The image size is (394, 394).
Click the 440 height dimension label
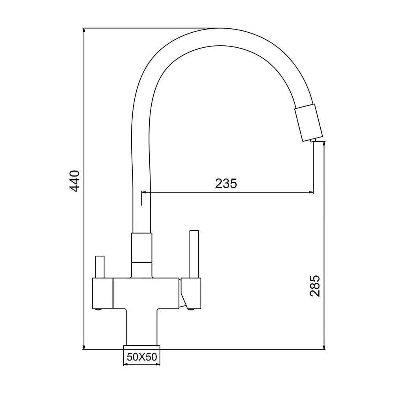pyautogui.click(x=74, y=181)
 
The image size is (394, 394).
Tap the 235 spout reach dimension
pyautogui.click(x=226, y=184)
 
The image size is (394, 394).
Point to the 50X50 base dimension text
pyautogui.click(x=142, y=357)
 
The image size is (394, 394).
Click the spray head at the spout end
pyautogui.click(x=308, y=123)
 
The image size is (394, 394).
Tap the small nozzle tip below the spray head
pyautogui.click(x=313, y=140)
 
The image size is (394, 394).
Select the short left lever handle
pyautogui.click(x=100, y=267)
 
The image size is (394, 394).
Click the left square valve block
pyautogui.click(x=102, y=293)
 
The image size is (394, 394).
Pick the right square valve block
pyautogui.click(x=191, y=293)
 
